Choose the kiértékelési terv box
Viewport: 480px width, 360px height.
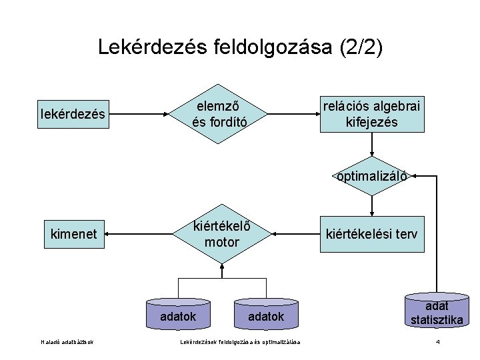point(372,234)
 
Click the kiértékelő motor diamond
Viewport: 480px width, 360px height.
point(220,234)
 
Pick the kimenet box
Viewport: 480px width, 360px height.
point(73,234)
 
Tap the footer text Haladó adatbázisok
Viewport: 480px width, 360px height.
point(67,343)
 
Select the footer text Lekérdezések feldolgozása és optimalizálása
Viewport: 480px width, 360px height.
point(240,343)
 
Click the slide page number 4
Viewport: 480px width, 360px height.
point(437,343)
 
